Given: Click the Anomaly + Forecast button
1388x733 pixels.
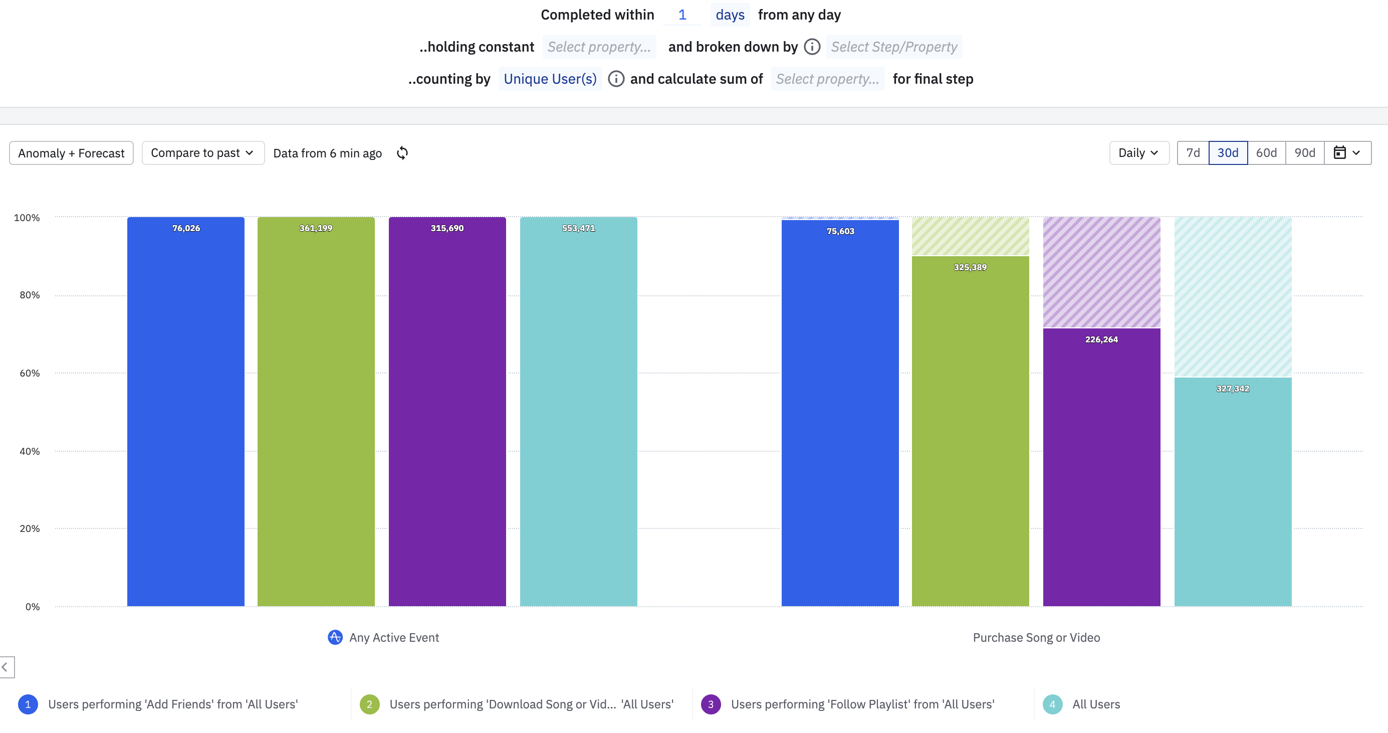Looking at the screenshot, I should point(71,153).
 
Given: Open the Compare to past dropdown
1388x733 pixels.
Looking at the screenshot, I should point(202,153).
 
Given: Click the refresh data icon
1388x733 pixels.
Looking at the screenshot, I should point(402,153).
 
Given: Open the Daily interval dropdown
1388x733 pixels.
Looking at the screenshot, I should point(1138,153).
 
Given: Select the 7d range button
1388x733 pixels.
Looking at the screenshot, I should point(1193,153).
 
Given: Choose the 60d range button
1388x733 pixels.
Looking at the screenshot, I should point(1266,153).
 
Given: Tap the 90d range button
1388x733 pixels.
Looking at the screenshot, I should point(1304,153).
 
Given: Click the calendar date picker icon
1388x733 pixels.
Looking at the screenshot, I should point(1339,153).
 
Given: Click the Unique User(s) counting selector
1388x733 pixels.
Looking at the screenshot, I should point(550,79).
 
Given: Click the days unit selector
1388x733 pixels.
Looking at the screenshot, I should point(730,15).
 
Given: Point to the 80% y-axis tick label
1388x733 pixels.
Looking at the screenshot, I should point(30,295).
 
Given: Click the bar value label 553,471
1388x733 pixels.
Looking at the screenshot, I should point(578,228).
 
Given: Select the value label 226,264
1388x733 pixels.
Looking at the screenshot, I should point(1101,339).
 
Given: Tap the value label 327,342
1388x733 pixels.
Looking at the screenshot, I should point(1232,389).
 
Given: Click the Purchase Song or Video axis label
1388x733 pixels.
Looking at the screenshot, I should point(1036,638).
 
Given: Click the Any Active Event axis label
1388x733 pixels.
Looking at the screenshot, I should point(394,638).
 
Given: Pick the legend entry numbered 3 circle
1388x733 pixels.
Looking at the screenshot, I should point(711,704).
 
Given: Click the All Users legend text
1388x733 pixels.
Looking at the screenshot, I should point(1096,704).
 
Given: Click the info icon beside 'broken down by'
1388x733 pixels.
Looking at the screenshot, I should point(812,47).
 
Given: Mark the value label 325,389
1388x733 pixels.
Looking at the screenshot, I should point(970,267).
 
